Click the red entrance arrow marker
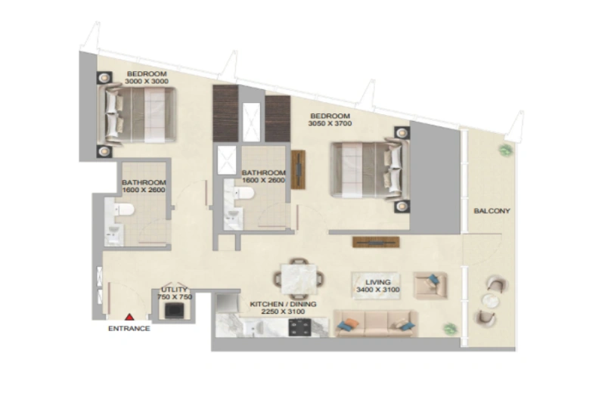[x=129, y=318]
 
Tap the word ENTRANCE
[x=129, y=328]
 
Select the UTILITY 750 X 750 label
[x=174, y=293]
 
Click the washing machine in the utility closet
[x=175, y=309]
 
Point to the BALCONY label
[x=492, y=211]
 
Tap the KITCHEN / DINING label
[x=284, y=308]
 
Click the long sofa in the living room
[x=374, y=323]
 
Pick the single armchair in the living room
[x=430, y=284]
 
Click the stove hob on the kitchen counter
[x=300, y=326]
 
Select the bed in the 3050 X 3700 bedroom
[x=369, y=168]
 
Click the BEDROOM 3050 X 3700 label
[x=330, y=119]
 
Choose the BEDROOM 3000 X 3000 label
[x=147, y=77]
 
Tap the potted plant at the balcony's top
[x=504, y=150]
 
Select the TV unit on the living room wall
[x=374, y=242]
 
